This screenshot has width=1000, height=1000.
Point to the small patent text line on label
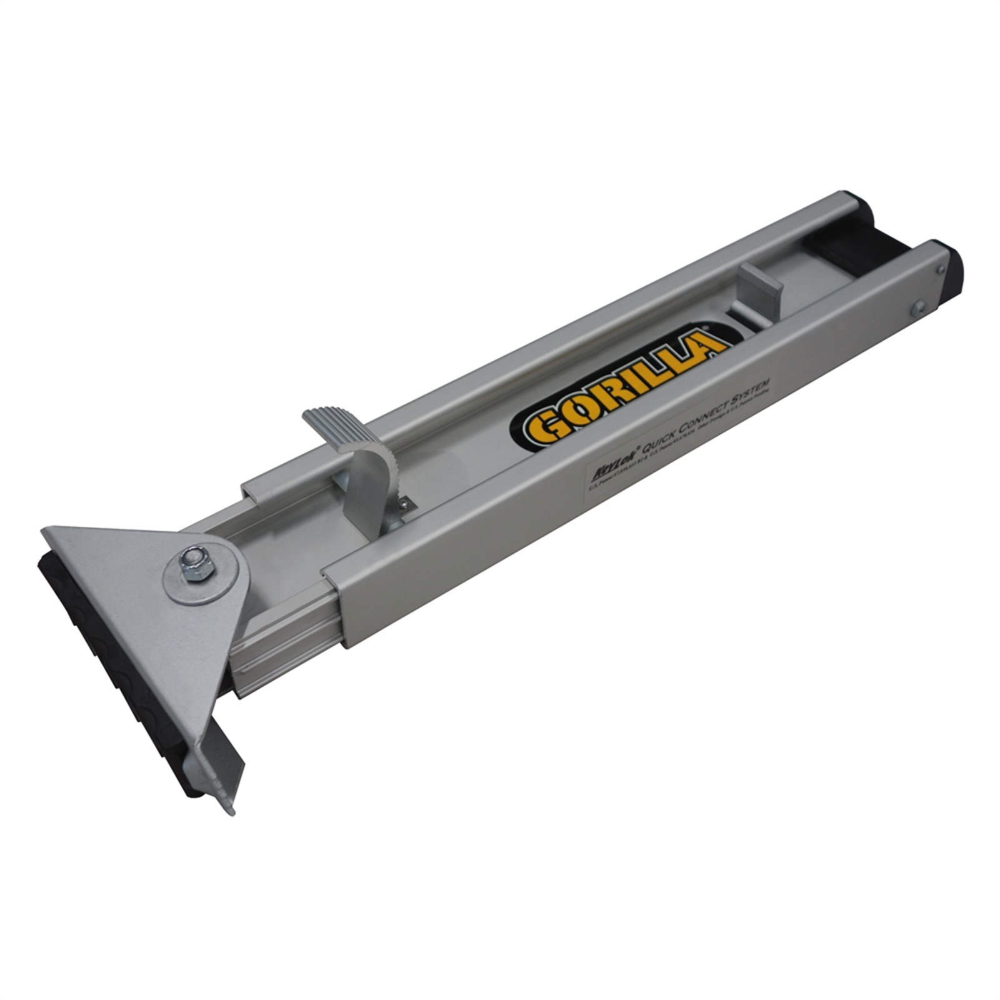[675, 437]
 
